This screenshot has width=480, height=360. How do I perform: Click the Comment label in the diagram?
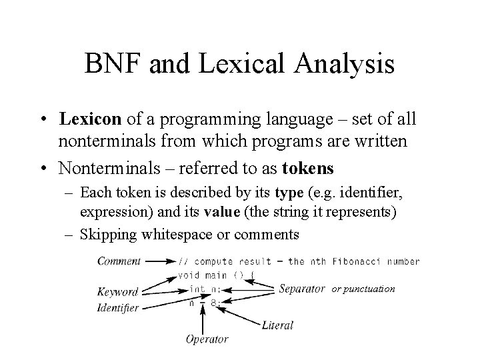click(x=119, y=261)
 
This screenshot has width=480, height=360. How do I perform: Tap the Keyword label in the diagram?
click(x=117, y=291)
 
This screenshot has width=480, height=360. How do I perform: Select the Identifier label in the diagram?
click(x=118, y=307)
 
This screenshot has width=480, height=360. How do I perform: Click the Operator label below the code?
click(x=207, y=339)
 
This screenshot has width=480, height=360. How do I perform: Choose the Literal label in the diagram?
click(x=278, y=325)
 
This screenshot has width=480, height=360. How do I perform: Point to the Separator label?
click(x=302, y=289)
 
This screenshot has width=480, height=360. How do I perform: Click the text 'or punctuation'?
click(x=364, y=289)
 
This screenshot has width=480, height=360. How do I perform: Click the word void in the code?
click(x=189, y=275)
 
